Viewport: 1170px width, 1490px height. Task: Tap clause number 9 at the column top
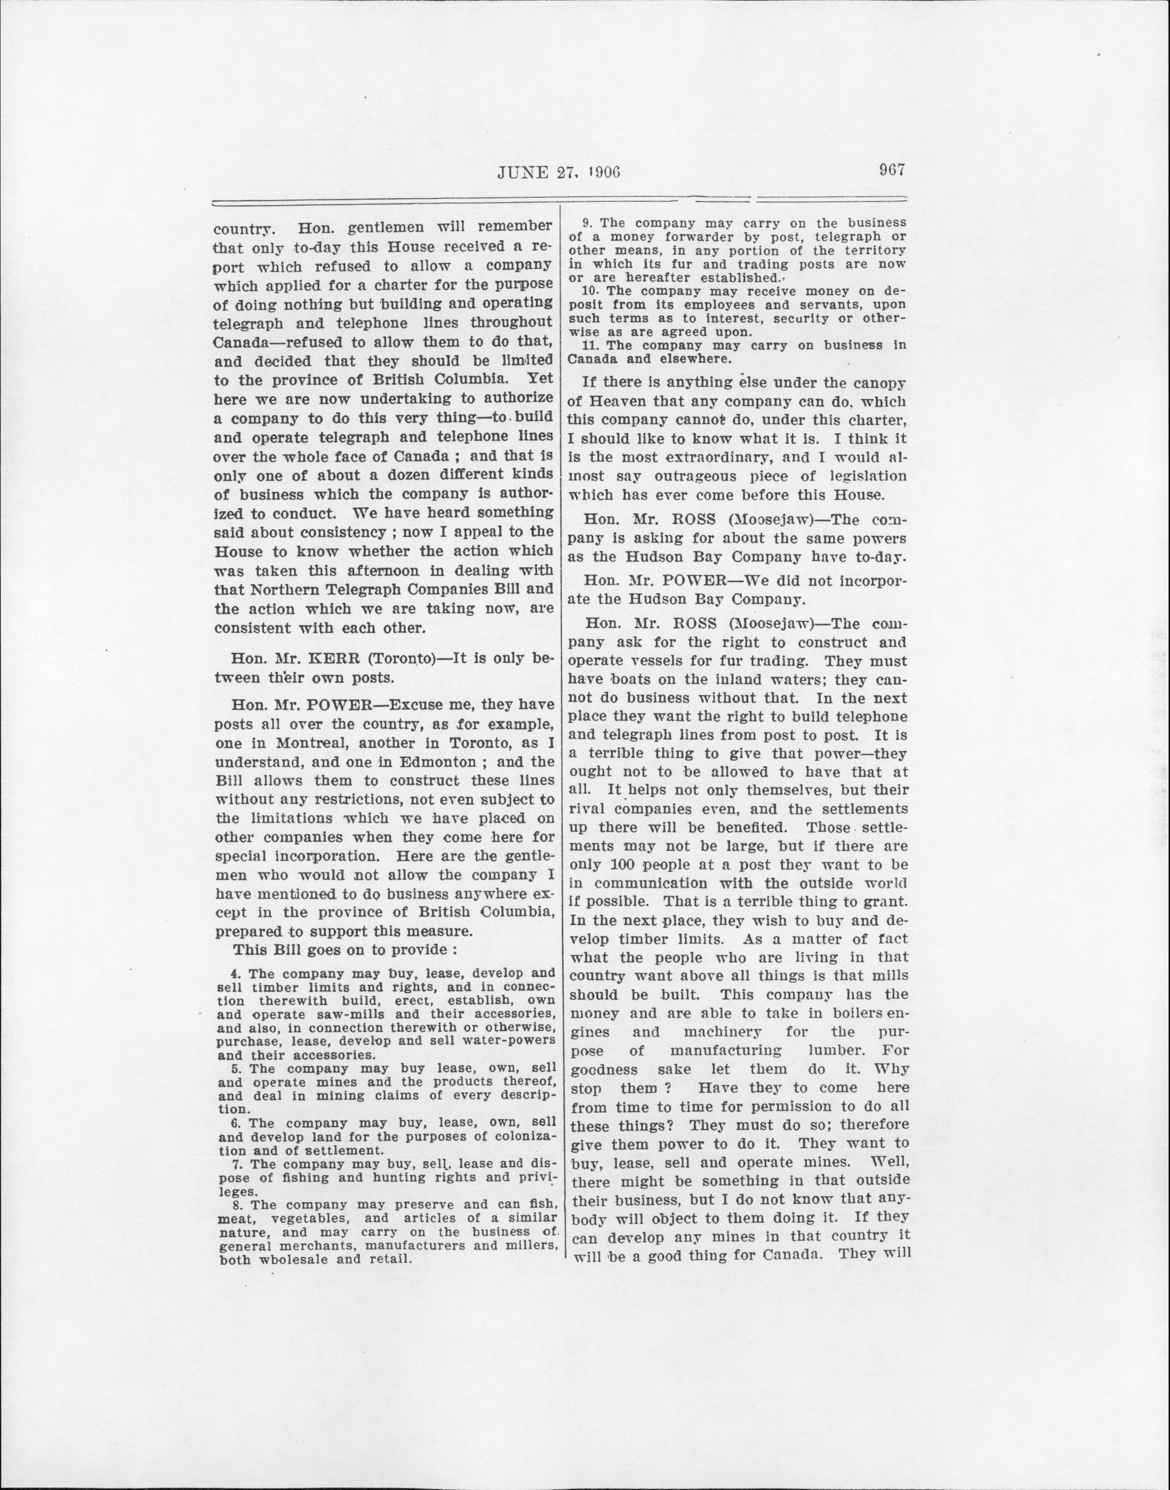pyautogui.click(x=586, y=223)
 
